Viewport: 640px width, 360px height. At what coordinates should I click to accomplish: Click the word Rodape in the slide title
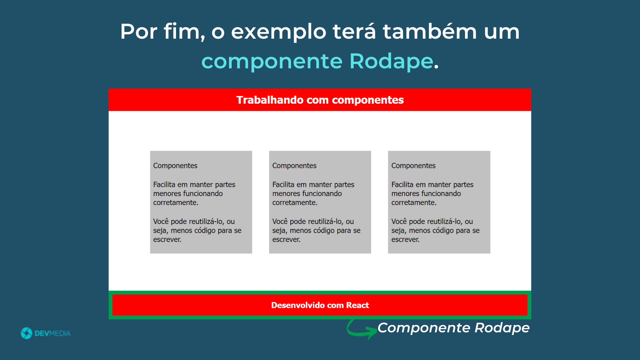click(391, 62)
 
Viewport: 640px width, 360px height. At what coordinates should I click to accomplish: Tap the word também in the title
click(430, 31)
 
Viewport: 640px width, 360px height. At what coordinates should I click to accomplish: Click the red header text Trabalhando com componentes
click(320, 100)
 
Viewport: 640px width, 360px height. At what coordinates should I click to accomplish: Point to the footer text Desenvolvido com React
click(320, 305)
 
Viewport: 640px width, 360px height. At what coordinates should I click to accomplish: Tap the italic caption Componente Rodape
click(454, 328)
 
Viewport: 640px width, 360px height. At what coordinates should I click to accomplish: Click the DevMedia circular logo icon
click(27, 333)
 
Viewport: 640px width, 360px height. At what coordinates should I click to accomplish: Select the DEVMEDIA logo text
click(53, 333)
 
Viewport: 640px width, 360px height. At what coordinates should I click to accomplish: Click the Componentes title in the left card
click(175, 166)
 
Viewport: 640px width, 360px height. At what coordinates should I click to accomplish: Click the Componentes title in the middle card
click(294, 166)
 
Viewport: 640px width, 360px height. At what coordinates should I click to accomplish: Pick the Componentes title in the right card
click(413, 166)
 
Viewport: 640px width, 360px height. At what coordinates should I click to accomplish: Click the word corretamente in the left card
click(176, 203)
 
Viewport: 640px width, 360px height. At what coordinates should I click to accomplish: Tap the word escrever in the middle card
click(286, 240)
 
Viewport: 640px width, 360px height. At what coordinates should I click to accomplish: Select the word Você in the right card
click(399, 221)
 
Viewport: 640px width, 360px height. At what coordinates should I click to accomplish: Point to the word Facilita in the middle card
click(283, 184)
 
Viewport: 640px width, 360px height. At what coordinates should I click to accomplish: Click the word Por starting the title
click(139, 32)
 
